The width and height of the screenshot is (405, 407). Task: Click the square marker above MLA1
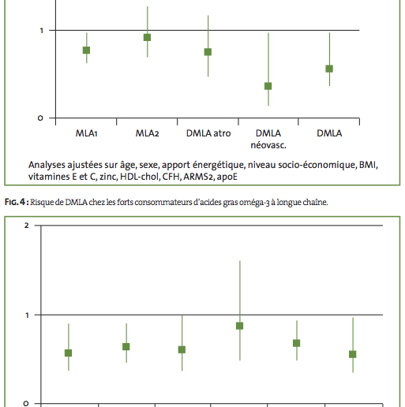(86, 50)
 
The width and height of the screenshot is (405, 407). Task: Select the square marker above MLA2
(147, 37)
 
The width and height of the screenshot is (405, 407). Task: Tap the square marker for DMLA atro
(208, 52)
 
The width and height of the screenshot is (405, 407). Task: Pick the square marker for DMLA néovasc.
(268, 86)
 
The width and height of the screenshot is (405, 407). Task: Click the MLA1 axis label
(87, 133)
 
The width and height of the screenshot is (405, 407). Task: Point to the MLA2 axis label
(147, 133)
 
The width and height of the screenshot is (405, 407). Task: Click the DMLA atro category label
(208, 133)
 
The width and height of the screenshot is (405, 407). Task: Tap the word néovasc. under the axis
(268, 145)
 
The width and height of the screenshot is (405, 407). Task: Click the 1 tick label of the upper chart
(41, 31)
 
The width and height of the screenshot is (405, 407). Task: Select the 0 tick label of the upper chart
(40, 118)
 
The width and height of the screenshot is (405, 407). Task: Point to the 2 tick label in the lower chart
(26, 226)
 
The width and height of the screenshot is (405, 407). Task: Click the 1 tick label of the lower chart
(27, 315)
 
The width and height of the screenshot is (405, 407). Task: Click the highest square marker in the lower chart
(239, 326)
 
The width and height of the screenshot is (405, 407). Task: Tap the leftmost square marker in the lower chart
(68, 353)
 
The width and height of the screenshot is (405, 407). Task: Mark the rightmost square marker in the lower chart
(353, 354)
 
